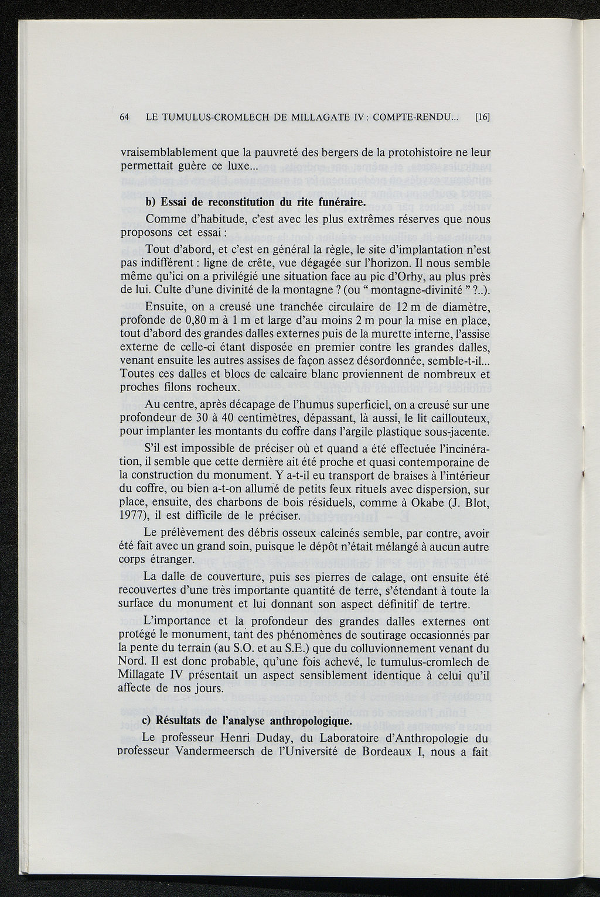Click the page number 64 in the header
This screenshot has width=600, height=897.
click(124, 117)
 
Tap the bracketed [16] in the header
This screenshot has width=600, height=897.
click(482, 117)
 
